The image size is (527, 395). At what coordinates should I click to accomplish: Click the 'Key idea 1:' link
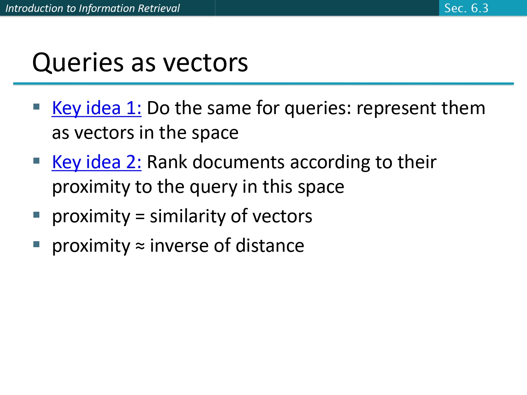coord(97,108)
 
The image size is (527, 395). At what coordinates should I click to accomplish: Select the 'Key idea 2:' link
coord(97,162)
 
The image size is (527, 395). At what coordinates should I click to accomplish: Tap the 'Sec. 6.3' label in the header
coord(466,8)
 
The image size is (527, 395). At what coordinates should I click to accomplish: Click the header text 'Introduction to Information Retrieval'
coord(92,8)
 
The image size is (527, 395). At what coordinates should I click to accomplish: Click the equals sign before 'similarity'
coord(140,217)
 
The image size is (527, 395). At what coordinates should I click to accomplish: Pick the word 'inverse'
coord(180,245)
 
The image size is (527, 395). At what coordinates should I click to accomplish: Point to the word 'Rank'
coord(167,162)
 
